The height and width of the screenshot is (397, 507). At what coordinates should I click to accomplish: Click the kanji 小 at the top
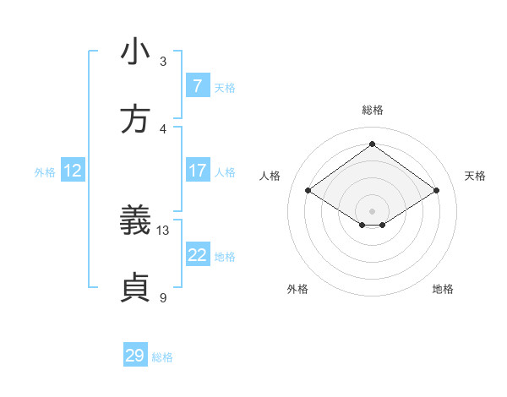[135, 52]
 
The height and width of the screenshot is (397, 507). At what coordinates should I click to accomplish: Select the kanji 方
[135, 120]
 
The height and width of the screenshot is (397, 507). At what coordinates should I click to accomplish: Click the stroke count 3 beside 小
[163, 62]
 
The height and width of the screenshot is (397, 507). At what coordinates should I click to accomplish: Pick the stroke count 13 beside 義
[163, 231]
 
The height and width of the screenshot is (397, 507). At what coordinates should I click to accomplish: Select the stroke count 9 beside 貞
[163, 298]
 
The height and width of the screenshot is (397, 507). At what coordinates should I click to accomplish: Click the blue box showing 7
[197, 85]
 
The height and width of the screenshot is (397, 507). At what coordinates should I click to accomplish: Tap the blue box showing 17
[197, 171]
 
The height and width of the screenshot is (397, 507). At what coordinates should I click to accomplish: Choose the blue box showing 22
[197, 255]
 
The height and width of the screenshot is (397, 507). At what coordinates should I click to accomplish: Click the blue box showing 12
[73, 171]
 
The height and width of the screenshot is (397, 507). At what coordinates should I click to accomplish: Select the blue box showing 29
[134, 356]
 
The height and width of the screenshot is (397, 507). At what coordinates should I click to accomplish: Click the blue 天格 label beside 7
[225, 87]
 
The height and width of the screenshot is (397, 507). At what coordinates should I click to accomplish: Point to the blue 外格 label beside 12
[45, 172]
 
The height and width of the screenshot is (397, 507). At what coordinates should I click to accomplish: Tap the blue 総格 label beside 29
[162, 357]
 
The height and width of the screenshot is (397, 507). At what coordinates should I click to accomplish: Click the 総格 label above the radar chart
[372, 110]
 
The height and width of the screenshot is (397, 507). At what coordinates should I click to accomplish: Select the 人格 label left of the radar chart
[270, 176]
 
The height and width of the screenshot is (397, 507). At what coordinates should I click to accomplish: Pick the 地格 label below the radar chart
[443, 289]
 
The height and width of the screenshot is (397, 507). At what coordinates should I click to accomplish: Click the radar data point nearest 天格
[436, 191]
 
